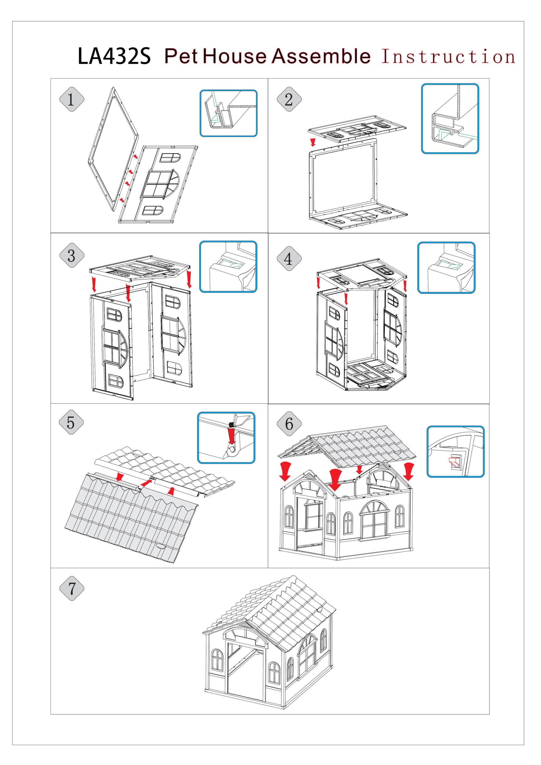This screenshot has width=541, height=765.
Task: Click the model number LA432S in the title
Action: point(114,56)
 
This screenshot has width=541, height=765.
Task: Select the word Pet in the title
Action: point(182,56)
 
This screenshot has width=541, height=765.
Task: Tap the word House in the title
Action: point(235,56)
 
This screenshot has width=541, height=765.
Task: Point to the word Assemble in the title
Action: point(321,56)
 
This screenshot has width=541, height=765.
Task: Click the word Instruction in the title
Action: point(448,56)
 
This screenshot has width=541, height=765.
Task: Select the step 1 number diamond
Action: point(71,99)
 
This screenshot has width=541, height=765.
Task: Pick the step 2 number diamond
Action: point(289,99)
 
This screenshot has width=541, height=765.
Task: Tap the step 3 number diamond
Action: point(71,256)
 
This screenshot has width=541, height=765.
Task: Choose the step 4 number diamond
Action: point(289,258)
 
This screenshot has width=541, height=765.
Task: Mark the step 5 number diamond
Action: point(71,423)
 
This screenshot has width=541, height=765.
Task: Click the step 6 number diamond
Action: point(289,424)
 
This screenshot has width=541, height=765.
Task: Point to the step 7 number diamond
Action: point(71,588)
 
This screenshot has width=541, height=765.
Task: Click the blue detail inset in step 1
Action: point(228,113)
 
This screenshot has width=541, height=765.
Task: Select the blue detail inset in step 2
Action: point(450,119)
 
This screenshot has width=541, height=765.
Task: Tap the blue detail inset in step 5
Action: point(226,437)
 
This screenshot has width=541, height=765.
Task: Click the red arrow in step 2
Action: point(313,142)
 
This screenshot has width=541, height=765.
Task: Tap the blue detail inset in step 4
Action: point(446,268)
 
